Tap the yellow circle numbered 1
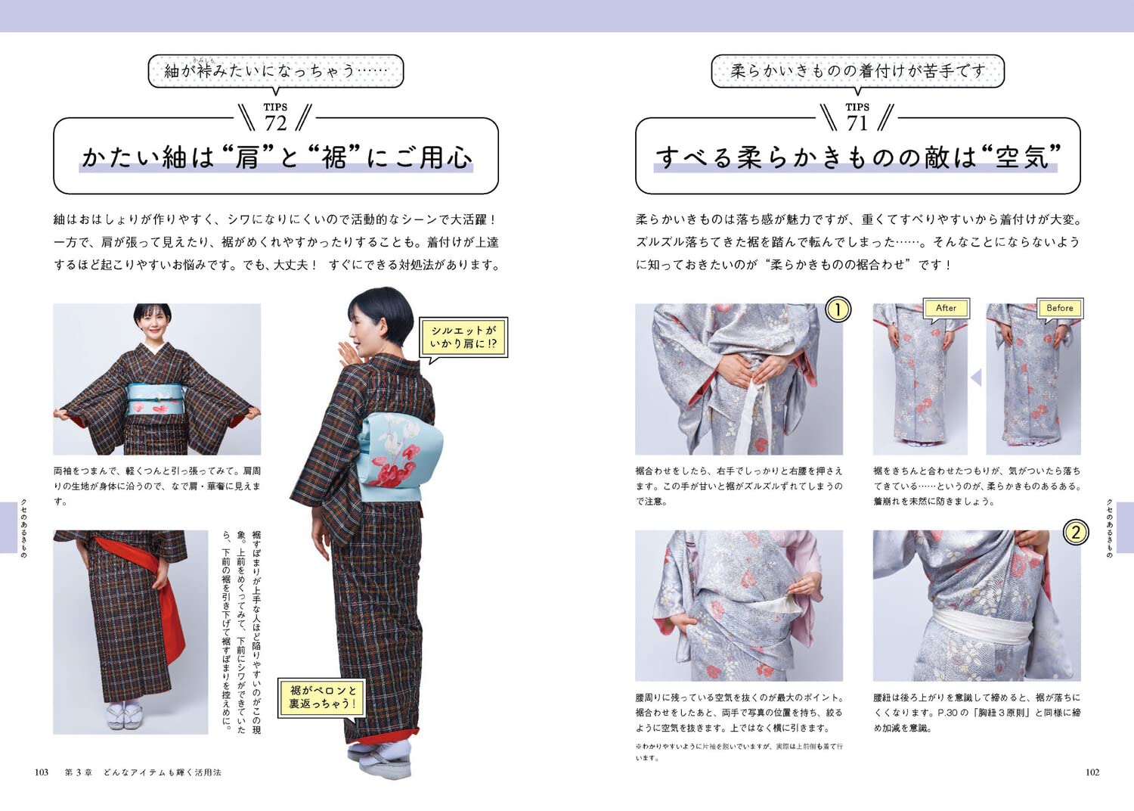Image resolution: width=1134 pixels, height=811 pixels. [x=837, y=309]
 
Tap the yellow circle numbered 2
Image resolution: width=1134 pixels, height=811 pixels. [x=1075, y=533]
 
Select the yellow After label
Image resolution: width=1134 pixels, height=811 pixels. [x=946, y=308]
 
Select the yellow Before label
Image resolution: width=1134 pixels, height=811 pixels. [x=1059, y=308]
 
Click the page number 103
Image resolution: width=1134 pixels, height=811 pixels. [x=42, y=772]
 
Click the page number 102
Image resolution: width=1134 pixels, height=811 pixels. [x=1092, y=772]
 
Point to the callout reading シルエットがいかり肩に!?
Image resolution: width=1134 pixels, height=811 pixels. [x=463, y=337]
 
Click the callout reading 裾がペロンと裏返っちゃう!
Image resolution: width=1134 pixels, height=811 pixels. [x=321, y=697]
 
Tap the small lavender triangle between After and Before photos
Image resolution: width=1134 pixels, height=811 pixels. [x=976, y=377]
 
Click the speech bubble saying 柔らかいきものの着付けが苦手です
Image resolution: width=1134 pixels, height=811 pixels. [x=857, y=71]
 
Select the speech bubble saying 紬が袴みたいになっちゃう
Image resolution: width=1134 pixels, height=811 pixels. [x=276, y=71]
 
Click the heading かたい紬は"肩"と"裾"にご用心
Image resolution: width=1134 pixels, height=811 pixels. [x=276, y=157]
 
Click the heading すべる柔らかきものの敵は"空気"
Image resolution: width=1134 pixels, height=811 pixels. [x=857, y=157]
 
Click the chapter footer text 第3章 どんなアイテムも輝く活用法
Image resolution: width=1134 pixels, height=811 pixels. [x=143, y=772]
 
